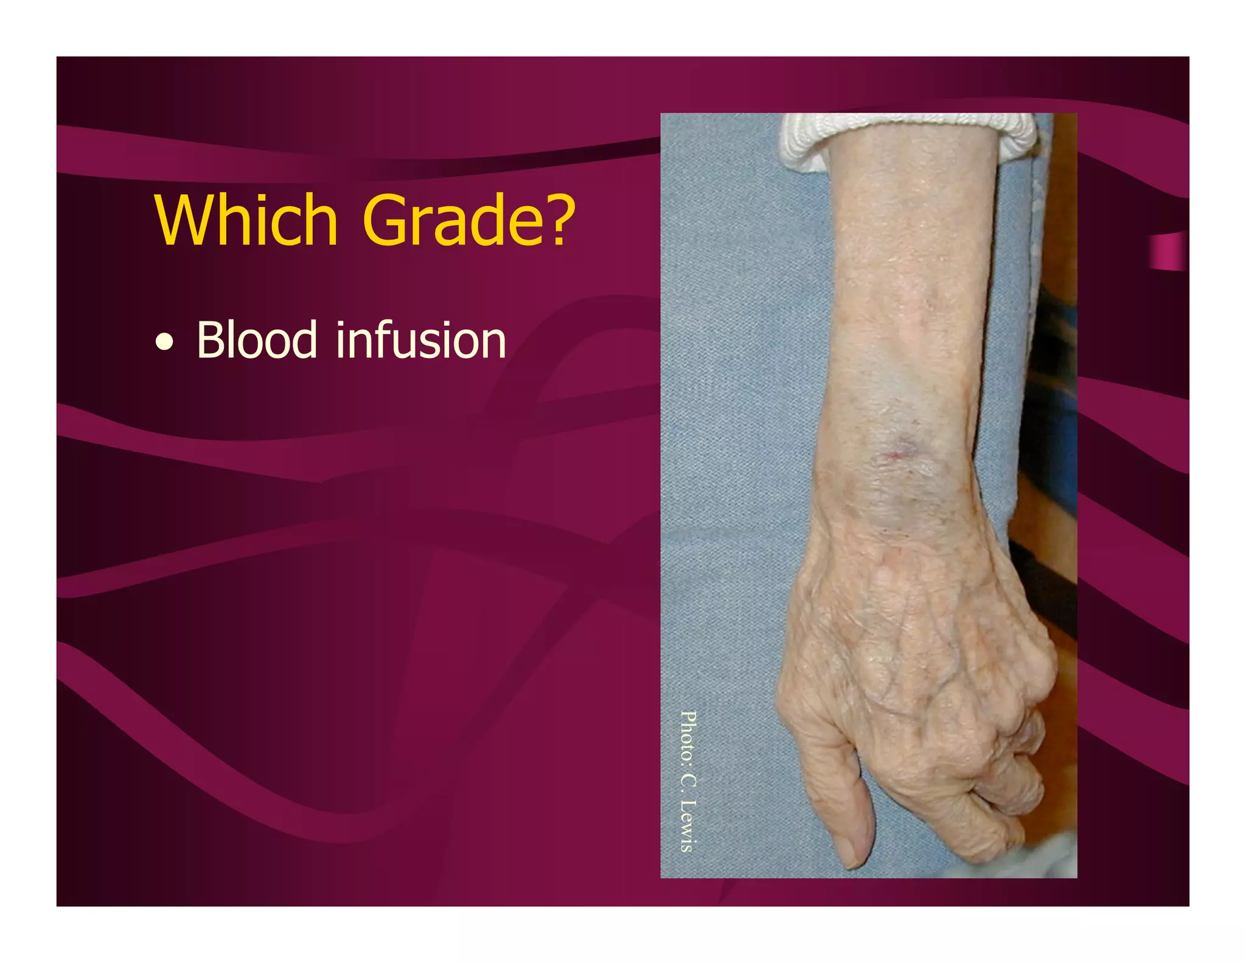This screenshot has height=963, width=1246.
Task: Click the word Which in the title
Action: click(246, 220)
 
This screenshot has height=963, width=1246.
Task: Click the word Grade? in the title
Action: click(468, 220)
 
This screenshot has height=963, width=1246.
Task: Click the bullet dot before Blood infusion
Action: click(164, 344)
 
